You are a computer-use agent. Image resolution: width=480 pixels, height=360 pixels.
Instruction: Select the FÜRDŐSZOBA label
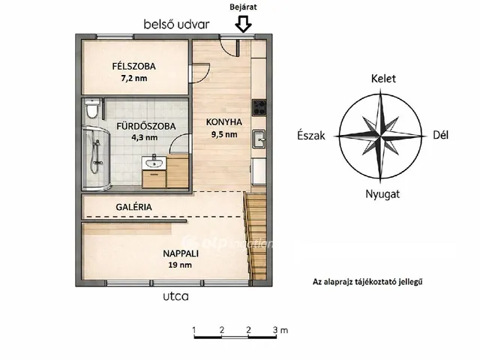pyautogui.click(x=145, y=126)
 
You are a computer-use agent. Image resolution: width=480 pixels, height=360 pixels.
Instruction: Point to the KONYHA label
pyautogui.click(x=224, y=122)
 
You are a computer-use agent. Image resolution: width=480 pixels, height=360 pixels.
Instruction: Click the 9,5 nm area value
pyautogui.click(x=224, y=135)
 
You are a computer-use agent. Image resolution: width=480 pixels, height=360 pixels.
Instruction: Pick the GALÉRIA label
pyautogui.click(x=134, y=207)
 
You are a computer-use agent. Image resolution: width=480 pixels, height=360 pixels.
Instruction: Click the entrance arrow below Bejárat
pyautogui.click(x=242, y=25)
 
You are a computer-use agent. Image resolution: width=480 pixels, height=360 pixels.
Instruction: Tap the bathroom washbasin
pyautogui.click(x=157, y=162)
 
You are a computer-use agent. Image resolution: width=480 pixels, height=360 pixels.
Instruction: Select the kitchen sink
pyautogui.click(x=259, y=137)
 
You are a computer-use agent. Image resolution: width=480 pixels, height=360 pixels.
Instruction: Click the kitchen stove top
pyautogui.click(x=259, y=107)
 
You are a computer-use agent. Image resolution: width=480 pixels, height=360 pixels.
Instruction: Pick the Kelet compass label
pyautogui.click(x=383, y=79)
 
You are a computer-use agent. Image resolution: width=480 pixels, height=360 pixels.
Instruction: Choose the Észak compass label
pyautogui.click(x=310, y=136)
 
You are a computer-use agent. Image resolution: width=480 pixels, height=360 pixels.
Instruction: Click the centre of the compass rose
pyautogui.click(x=383, y=136)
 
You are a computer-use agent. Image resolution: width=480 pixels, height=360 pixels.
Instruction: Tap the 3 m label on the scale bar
pyautogui.click(x=280, y=330)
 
